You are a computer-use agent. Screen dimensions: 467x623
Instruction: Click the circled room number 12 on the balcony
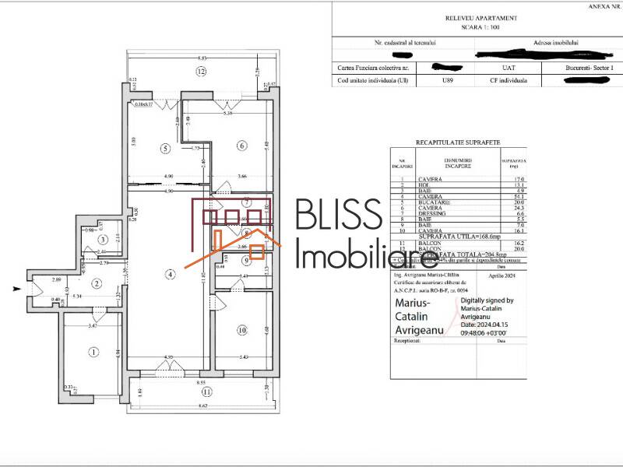[201, 72]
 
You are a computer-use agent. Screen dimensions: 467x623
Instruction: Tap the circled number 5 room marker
[164, 146]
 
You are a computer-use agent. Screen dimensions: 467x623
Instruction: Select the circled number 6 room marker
[242, 146]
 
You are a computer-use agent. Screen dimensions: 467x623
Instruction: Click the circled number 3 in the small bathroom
[103, 239]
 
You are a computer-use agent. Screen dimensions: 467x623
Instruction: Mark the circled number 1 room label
[94, 353]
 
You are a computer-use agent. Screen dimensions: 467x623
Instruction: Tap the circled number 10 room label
[242, 331]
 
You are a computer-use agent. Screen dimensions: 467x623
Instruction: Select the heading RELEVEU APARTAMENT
[469, 18]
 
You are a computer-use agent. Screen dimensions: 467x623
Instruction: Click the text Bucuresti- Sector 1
[590, 68]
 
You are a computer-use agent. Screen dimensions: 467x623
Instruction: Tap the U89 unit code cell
[447, 79]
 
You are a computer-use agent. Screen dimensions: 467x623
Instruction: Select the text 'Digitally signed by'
[487, 300]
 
